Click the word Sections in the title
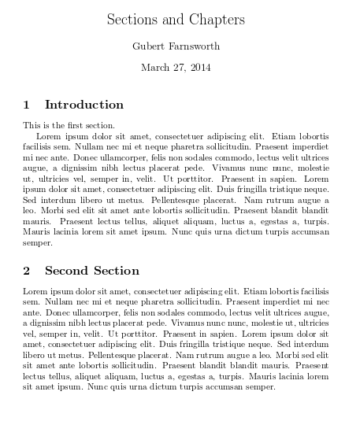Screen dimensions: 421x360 [x=132, y=20]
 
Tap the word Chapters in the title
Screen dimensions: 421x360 [x=217, y=20]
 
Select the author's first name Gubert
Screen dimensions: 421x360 [x=150, y=46]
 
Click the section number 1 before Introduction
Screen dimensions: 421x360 [x=27, y=105]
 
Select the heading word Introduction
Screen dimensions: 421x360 [x=84, y=105]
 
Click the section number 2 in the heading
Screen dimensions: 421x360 [x=27, y=271]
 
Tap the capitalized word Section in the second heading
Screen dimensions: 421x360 [x=116, y=271]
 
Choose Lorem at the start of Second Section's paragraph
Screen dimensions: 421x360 [x=35, y=291]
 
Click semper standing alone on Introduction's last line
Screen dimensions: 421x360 [x=36, y=244]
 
